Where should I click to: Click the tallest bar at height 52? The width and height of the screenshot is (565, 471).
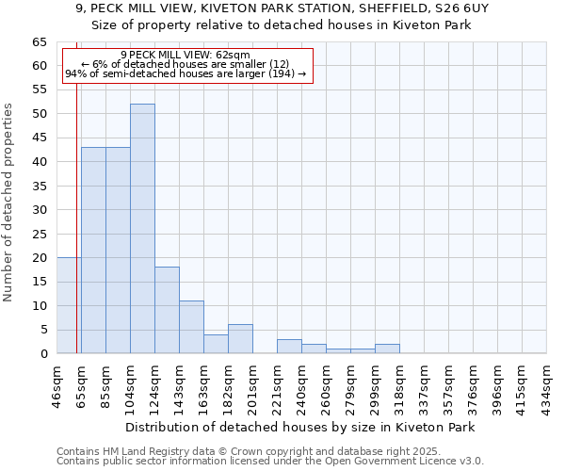pyautogui.click(x=142, y=229)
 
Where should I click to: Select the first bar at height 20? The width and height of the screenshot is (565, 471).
pyautogui.click(x=69, y=305)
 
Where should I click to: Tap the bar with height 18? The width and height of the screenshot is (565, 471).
pyautogui.click(x=167, y=310)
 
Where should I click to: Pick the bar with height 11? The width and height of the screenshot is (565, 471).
pyautogui.click(x=191, y=327)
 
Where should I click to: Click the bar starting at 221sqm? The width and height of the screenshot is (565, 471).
pyautogui.click(x=289, y=347)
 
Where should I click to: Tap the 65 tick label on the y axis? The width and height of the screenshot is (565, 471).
pyautogui.click(x=39, y=42)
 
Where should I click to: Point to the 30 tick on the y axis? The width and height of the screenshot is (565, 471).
pyautogui.click(x=39, y=210)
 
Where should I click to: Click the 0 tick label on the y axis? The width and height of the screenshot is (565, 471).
pyautogui.click(x=42, y=354)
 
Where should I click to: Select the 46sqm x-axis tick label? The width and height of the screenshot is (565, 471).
pyautogui.click(x=57, y=384)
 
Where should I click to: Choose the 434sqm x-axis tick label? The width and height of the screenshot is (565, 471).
pyautogui.click(x=547, y=385)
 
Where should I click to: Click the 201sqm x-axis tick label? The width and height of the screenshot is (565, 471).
pyautogui.click(x=253, y=385)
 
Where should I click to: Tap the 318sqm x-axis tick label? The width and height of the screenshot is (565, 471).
pyautogui.click(x=400, y=385)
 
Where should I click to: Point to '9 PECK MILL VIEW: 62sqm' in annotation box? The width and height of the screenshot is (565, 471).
pyautogui.click(x=186, y=56)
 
